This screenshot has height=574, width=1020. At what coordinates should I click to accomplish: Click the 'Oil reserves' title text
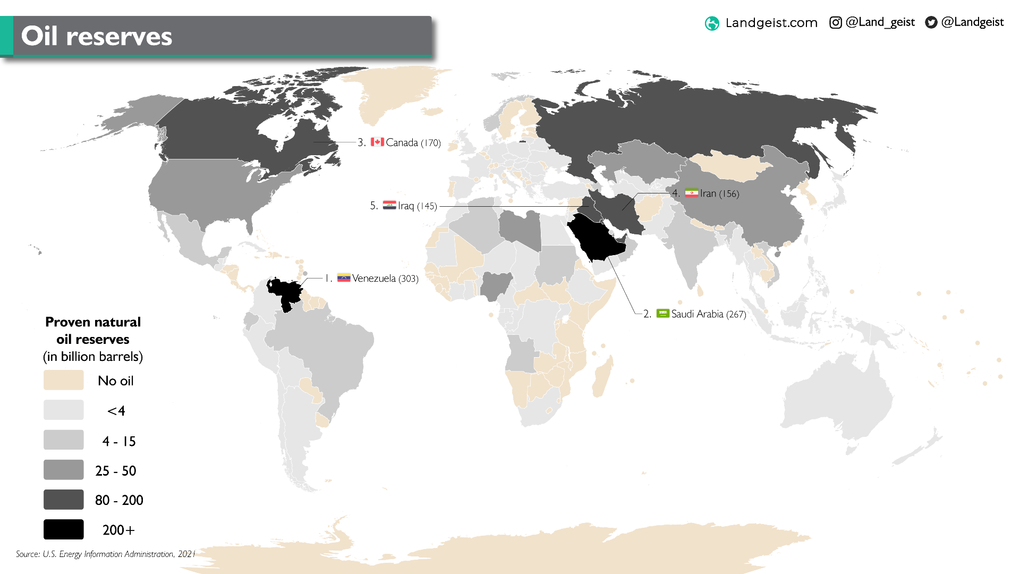[97, 36]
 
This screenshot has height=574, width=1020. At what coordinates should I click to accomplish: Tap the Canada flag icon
[377, 142]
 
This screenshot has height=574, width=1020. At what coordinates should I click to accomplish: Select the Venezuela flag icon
[344, 277]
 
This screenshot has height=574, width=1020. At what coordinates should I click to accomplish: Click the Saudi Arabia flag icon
[662, 313]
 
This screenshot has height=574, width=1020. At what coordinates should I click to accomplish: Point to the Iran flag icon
[691, 193]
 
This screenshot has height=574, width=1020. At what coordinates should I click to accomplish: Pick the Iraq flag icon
[389, 205]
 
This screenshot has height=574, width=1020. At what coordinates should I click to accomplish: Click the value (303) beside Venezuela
[409, 278]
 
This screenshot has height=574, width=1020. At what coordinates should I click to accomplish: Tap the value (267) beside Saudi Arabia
[736, 314]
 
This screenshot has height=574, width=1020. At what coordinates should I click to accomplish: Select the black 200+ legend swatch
[64, 529]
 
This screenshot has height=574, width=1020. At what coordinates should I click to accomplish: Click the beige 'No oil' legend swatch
[64, 380]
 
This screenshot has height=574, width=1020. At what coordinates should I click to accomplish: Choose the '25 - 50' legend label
[116, 471]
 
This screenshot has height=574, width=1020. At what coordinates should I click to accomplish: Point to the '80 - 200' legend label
[119, 500]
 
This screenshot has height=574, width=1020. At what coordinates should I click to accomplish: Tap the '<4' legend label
[116, 411]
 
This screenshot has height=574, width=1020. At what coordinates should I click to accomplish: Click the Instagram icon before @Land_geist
[835, 22]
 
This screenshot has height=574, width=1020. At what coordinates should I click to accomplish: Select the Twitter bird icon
[931, 22]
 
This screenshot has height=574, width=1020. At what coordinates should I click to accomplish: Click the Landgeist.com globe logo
[712, 23]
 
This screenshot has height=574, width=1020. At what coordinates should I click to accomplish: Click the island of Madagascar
[603, 377]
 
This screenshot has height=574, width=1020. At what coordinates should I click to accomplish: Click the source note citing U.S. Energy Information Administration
[106, 554]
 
